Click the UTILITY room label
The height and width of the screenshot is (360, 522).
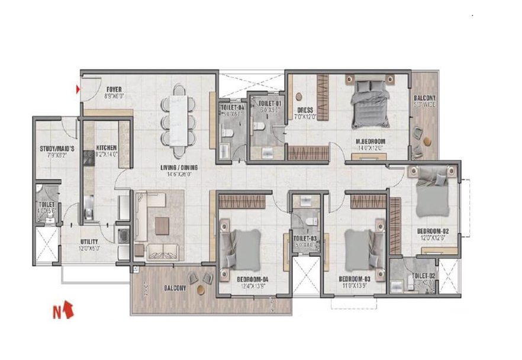89,242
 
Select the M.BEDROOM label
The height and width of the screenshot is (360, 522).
368,141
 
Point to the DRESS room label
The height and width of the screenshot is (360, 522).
305,110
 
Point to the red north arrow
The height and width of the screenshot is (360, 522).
68,309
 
